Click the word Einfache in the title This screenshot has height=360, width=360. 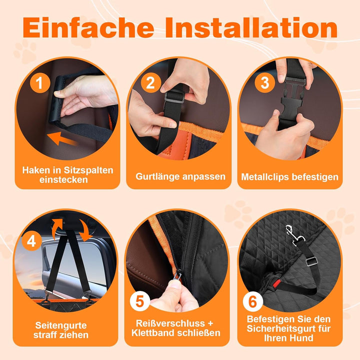(88, 27)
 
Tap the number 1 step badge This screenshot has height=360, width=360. (40, 82)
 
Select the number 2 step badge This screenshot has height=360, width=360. (150, 82)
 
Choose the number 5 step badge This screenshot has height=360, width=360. (140, 301)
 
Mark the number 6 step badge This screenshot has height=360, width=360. (252, 301)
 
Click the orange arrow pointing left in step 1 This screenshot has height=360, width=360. (62, 138)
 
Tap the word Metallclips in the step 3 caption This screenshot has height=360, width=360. (263, 177)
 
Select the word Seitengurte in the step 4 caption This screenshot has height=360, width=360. (61, 325)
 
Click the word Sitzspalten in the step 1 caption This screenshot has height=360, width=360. (88, 170)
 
